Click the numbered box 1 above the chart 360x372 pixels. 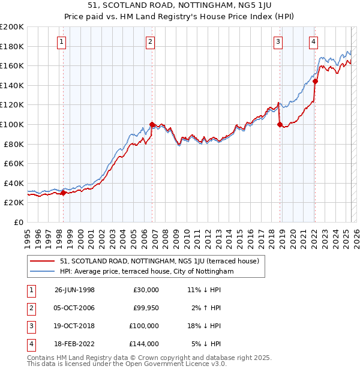62,41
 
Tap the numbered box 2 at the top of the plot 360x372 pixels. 150,41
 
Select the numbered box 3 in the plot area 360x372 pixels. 278,41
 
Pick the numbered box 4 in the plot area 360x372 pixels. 314,41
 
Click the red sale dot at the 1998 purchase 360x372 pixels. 64,193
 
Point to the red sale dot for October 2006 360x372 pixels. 152,124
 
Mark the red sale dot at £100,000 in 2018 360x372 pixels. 280,124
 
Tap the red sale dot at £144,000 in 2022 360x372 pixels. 315,81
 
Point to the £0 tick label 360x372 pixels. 19,222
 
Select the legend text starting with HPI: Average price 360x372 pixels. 146,271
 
